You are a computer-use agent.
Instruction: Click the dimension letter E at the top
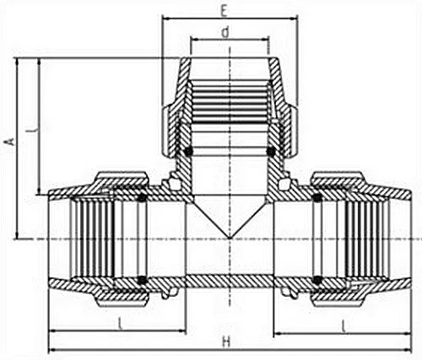coord(223,11)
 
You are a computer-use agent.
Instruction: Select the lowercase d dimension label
coord(225,32)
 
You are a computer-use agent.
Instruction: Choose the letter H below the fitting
coord(226,341)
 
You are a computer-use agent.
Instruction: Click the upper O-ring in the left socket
coord(142,199)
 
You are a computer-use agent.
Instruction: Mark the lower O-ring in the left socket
coord(142,279)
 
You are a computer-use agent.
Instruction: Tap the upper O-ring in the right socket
coord(316,199)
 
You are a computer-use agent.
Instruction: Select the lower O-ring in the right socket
coord(316,279)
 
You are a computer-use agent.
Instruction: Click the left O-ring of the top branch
coord(188,151)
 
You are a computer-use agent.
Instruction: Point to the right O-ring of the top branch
coord(270,151)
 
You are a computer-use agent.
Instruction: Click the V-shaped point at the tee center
coord(230,237)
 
